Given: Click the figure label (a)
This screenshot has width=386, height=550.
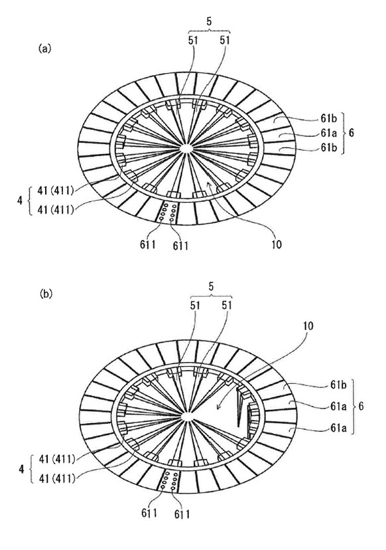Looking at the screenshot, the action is tap(44, 48).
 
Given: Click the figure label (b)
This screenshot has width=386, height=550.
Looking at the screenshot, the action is tap(46, 294).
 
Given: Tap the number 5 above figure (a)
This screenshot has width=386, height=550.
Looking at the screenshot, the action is tap(209, 21).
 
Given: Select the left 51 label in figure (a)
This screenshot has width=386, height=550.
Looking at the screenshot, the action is tap(193, 41).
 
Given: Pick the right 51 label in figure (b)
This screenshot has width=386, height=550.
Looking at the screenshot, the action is tap(227, 305).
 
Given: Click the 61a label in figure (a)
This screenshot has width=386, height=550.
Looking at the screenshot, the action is tap(328, 134).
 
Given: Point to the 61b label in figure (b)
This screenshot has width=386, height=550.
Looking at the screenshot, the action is tap(338, 385).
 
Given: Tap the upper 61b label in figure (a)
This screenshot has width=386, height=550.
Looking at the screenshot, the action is tap(328, 119).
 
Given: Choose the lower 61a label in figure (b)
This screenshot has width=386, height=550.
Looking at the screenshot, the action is tap(338, 428).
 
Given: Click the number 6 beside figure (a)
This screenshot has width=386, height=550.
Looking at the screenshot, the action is tap(352, 134).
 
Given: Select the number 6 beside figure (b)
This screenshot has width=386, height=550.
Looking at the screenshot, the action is tap(361, 407).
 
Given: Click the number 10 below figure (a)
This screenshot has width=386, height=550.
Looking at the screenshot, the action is tap(277, 244).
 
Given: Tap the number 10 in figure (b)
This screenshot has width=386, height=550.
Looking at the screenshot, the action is tap(308, 326).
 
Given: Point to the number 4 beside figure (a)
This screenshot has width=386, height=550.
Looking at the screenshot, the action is tap(20, 201).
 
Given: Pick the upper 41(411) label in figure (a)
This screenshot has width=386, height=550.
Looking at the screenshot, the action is tap(56, 191).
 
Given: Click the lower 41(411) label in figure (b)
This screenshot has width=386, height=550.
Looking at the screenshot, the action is tap(56, 478).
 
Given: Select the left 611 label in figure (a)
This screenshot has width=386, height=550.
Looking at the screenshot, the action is tap(148, 244).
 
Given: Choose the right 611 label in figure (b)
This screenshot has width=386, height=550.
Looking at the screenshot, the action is tap(182, 515).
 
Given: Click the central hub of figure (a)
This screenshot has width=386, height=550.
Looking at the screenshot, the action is tap(186, 148).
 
